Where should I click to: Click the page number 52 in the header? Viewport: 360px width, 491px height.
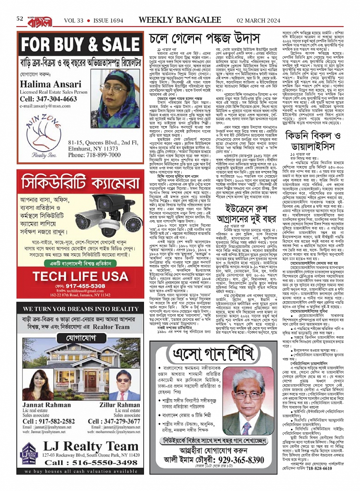20,18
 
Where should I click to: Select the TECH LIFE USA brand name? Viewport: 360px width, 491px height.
80,275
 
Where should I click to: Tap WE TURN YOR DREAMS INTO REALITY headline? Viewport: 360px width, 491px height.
80,309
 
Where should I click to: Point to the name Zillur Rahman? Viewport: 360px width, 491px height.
120,405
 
